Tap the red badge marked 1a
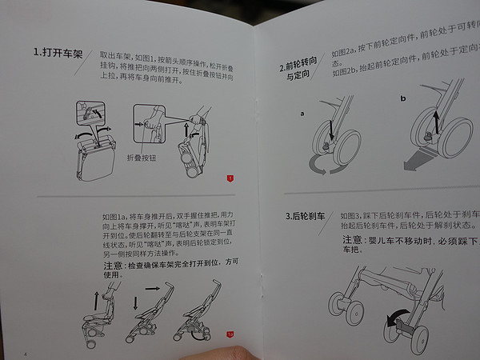coord(230,334)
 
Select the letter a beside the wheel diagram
coord(302,114)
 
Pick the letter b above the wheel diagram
coord(402,98)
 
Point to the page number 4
coord(25,353)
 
